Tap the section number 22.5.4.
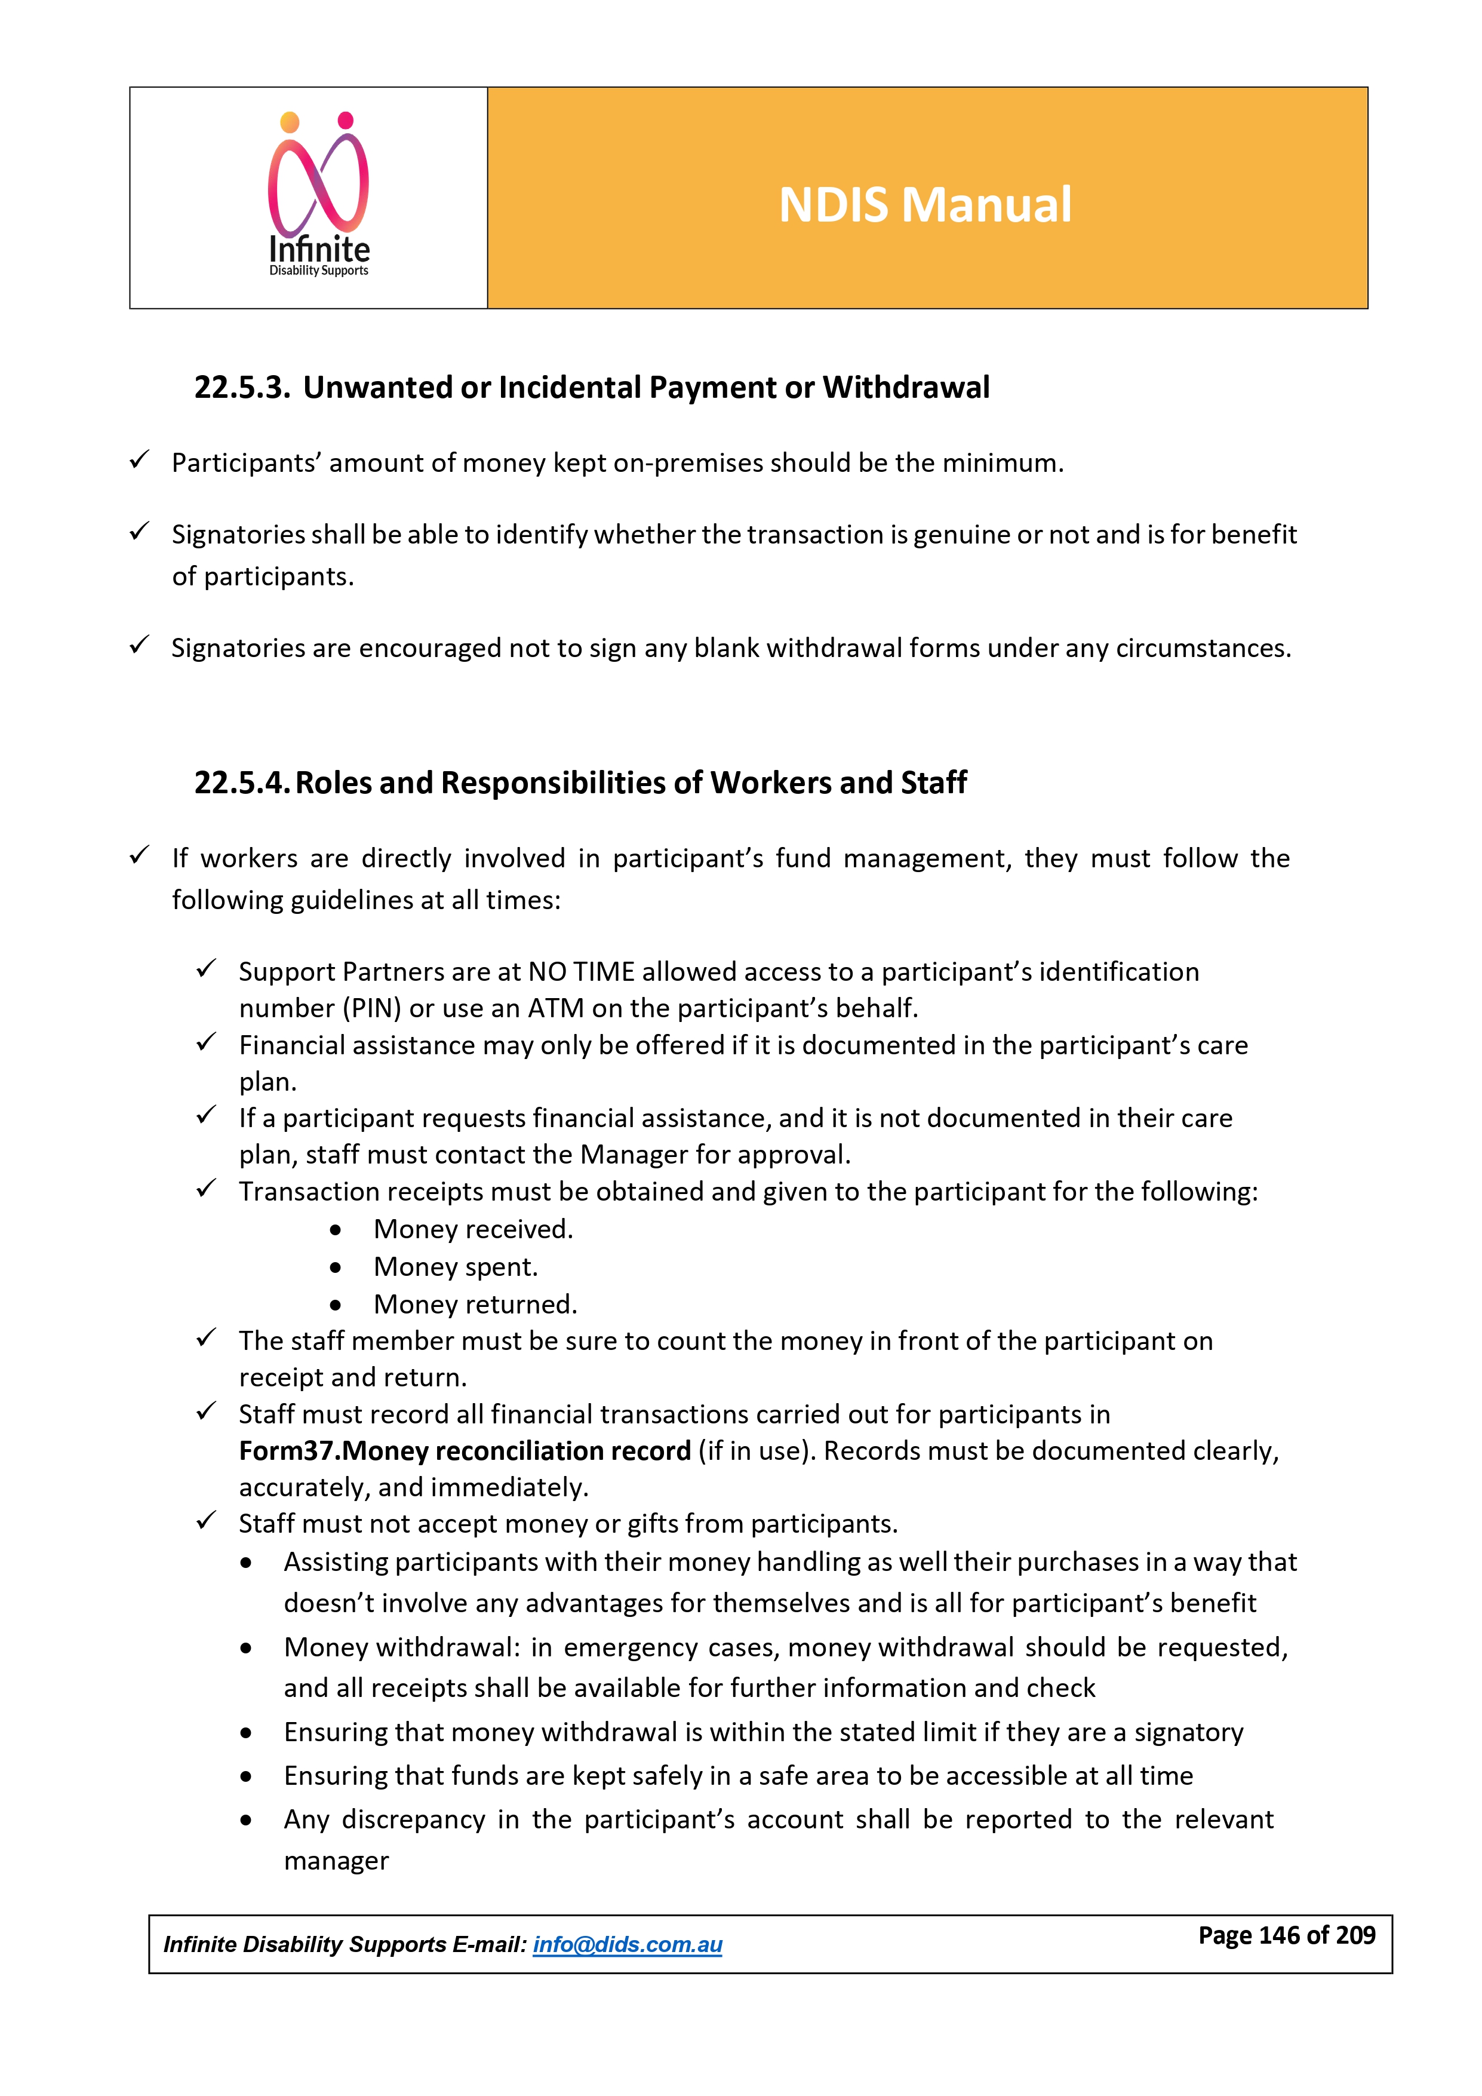pos(242,783)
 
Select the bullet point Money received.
pos(473,1230)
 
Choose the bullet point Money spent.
pos(456,1267)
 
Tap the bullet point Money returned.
pos(475,1305)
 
